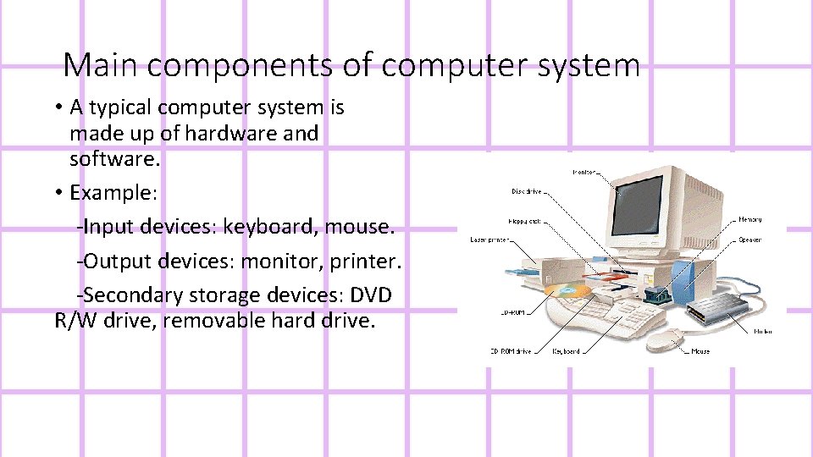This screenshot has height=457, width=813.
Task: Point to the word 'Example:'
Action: click(113, 192)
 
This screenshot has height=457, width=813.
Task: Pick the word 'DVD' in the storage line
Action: click(372, 295)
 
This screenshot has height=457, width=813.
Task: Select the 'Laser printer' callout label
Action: click(489, 240)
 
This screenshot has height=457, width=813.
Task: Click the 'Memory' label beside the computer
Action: click(750, 219)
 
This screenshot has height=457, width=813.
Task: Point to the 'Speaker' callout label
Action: click(749, 240)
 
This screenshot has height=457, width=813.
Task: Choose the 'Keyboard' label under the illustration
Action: click(566, 351)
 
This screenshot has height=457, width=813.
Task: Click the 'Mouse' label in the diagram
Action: click(700, 351)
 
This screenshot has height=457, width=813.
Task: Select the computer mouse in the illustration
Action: click(668, 339)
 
